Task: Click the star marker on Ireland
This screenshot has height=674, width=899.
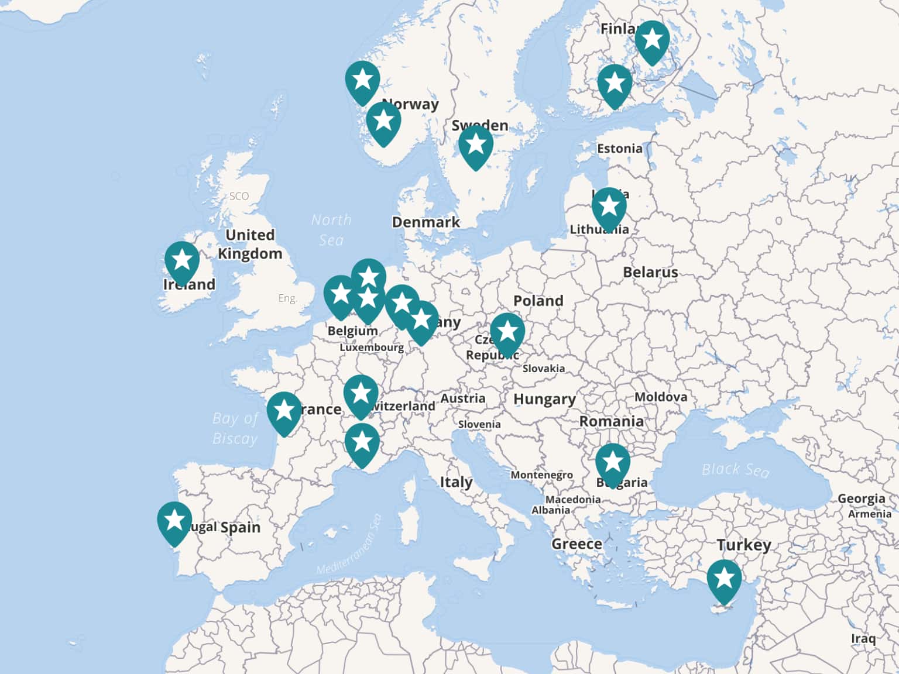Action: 182,261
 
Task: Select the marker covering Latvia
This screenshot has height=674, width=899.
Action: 609,207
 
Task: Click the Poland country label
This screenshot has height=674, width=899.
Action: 538,301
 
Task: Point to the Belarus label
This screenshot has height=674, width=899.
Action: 650,272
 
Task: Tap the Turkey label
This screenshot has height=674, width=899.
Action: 744,545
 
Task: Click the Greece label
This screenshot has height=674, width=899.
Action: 577,544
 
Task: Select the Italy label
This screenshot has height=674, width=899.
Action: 456,482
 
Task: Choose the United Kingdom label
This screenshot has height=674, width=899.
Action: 250,244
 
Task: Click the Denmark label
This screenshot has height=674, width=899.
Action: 426,222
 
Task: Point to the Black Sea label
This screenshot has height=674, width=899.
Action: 736,470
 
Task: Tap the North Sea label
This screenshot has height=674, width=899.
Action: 331,229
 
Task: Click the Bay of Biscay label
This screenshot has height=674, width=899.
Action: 235,428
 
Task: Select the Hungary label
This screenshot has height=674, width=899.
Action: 544,399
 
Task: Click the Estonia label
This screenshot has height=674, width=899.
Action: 620,149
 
